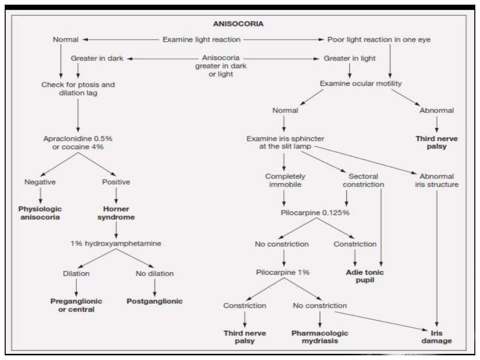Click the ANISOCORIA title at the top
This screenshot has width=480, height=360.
click(x=238, y=24)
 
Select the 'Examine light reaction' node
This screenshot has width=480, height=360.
click(x=201, y=40)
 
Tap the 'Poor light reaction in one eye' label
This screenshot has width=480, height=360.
click(x=379, y=40)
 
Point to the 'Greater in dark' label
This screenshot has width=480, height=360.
click(x=97, y=59)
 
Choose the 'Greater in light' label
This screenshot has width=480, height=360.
click(x=349, y=59)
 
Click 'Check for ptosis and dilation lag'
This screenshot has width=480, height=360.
click(x=78, y=89)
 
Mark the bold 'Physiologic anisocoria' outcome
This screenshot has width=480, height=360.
click(x=40, y=213)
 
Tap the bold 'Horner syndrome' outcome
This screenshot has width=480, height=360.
click(x=116, y=213)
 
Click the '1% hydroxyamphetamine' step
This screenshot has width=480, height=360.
click(x=116, y=244)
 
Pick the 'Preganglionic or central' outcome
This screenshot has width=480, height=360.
click(x=76, y=305)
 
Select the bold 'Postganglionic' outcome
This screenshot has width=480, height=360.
click(x=155, y=301)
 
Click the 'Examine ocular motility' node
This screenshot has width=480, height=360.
click(x=360, y=83)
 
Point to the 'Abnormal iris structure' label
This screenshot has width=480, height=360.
click(x=436, y=180)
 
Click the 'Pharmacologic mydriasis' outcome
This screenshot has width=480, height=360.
click(x=320, y=337)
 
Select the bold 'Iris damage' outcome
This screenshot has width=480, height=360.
click(x=436, y=337)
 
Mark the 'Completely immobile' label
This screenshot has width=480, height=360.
click(x=285, y=180)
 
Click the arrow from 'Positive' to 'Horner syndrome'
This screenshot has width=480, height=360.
click(x=116, y=195)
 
